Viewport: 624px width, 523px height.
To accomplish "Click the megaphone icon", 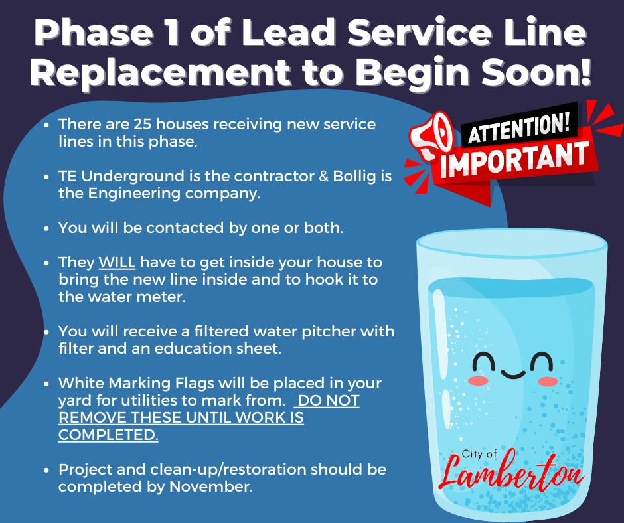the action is coord(431,135).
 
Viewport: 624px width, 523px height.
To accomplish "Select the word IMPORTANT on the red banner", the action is coord(515,159).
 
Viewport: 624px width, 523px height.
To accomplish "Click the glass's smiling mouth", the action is coord(512,374).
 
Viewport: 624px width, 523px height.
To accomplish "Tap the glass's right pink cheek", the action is coord(548,382).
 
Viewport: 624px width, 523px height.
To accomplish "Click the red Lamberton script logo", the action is coord(511,472).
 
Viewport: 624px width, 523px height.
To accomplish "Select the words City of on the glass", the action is coord(479,454).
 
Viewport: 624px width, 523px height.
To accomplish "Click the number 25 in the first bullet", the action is coord(142,124).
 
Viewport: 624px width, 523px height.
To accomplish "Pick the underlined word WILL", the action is coord(117,263).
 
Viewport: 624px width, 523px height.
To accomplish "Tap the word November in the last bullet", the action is coord(210,486).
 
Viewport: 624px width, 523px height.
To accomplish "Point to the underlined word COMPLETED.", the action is coord(108,435).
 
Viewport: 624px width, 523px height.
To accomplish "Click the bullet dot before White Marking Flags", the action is coord(46,384).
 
